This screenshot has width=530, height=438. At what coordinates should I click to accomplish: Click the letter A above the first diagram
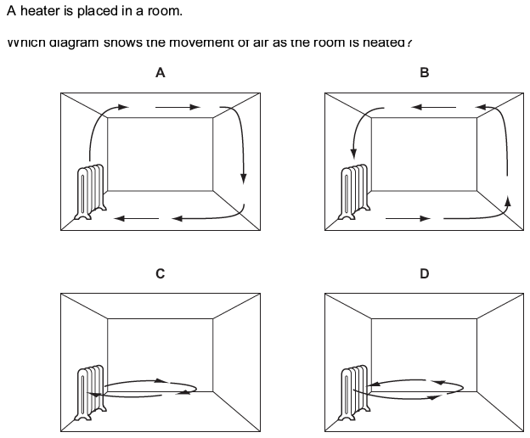[x=160, y=73]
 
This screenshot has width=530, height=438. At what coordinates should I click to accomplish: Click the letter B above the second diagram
[x=425, y=73]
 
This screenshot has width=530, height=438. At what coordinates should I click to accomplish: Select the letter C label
[x=160, y=273]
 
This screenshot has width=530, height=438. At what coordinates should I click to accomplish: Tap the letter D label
[x=425, y=273]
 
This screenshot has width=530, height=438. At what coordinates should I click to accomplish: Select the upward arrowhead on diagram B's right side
[x=508, y=200]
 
